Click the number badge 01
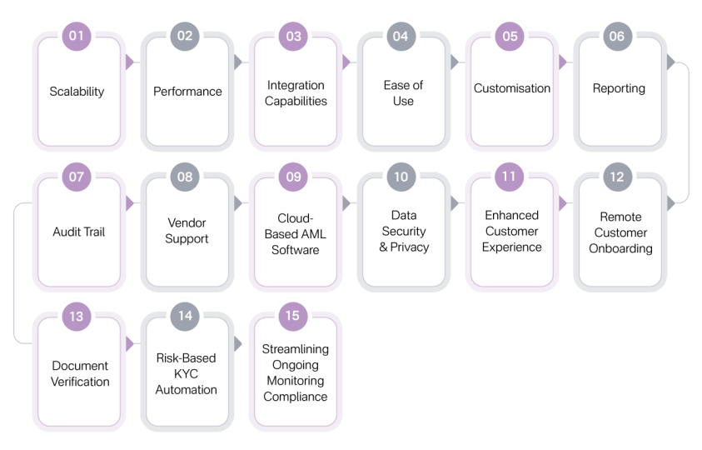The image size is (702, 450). [77, 36]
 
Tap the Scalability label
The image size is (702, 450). [77, 92]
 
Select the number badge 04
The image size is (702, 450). [401, 36]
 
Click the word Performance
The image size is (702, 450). [187, 92]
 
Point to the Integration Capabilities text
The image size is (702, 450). [296, 92]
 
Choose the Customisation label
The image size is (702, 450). [512, 88]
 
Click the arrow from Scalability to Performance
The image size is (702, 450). [129, 62]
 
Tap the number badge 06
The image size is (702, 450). [616, 36]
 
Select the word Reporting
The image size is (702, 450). [619, 88]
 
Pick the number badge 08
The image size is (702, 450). [185, 177]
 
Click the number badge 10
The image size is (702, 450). [401, 177]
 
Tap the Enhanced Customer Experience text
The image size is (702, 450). [512, 231]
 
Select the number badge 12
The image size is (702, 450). [616, 177]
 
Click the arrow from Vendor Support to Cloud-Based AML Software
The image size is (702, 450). [237, 202]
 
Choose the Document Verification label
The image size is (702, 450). [80, 373]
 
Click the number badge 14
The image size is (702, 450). [185, 316]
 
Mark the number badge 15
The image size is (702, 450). [293, 316]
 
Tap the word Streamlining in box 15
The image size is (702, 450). [295, 349]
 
